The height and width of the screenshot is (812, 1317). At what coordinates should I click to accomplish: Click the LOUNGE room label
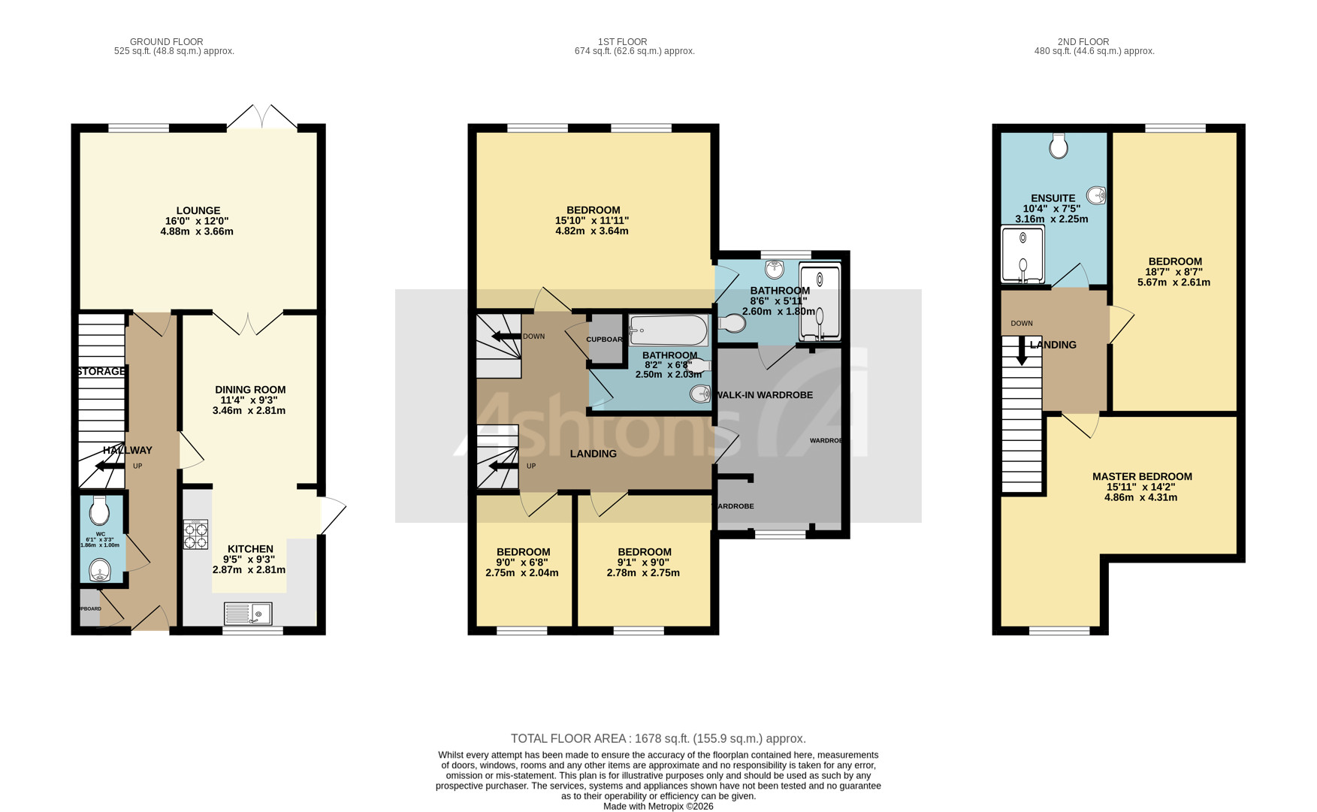[198, 211]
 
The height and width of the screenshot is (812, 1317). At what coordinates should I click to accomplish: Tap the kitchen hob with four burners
[195, 534]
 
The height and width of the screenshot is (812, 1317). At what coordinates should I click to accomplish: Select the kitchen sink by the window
[248, 614]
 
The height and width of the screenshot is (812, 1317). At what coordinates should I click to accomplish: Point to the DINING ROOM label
[250, 390]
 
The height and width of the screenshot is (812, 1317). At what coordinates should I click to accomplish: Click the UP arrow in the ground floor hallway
[110, 466]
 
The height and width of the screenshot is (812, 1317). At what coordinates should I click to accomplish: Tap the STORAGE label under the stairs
[101, 372]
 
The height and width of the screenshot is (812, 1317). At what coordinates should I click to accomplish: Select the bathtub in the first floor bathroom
[668, 330]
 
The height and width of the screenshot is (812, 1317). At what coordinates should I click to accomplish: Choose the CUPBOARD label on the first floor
[605, 340]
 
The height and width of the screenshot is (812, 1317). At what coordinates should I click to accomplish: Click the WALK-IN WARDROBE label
[764, 395]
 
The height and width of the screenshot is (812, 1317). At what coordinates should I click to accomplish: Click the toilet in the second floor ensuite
[1059, 145]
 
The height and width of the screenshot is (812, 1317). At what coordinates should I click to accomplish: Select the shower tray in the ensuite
[1022, 255]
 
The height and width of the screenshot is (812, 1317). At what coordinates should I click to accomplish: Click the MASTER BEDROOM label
[1142, 476]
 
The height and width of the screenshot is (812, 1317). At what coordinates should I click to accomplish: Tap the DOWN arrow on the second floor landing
[1021, 352]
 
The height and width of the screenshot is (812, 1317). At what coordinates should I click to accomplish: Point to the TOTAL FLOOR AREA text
[657, 739]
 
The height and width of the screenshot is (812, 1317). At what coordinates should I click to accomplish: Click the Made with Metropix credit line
[657, 806]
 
